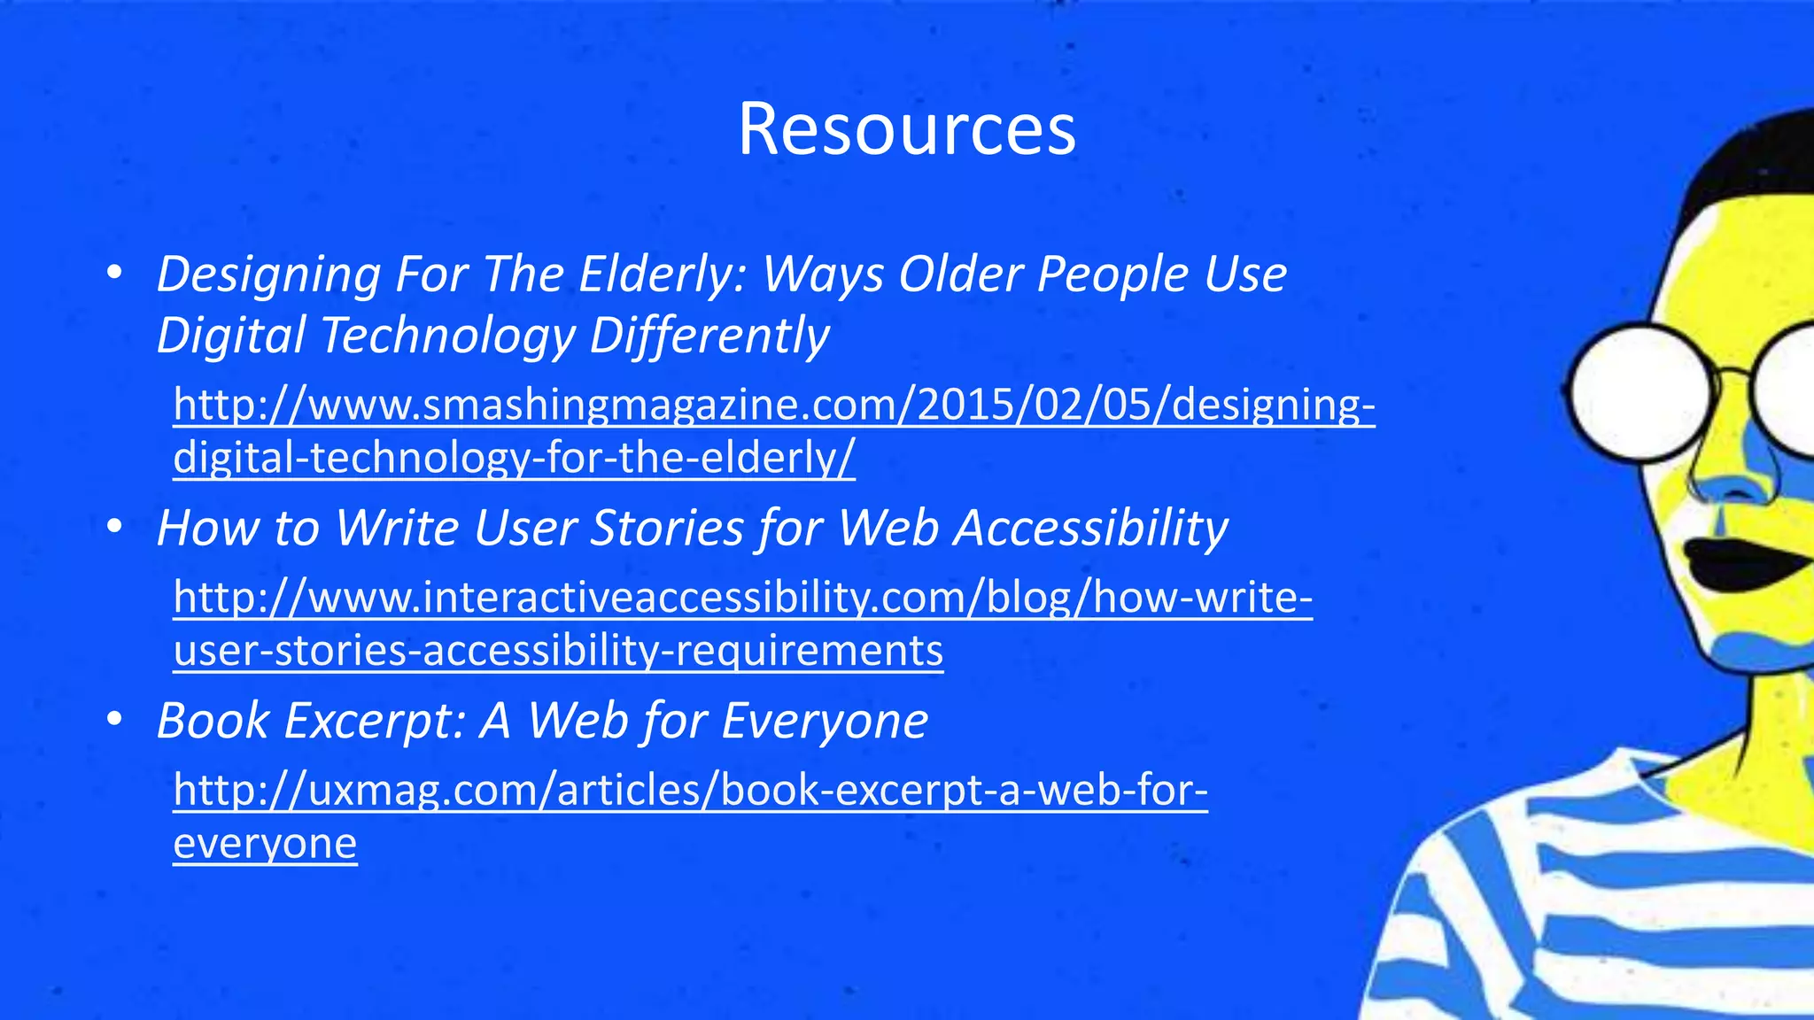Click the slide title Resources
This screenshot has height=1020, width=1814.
[x=906, y=129]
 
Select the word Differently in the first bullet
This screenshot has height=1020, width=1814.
[x=709, y=336]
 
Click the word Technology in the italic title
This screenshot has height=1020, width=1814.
[x=447, y=336]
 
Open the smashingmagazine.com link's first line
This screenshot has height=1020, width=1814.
[x=773, y=405]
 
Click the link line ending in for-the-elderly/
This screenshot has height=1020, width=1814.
[x=514, y=458]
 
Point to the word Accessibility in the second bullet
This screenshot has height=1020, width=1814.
[x=1090, y=528]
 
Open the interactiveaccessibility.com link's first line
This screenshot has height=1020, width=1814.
[x=742, y=598]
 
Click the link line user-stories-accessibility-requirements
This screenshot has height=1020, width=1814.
[x=558, y=651]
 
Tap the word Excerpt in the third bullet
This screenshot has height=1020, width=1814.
[x=373, y=720]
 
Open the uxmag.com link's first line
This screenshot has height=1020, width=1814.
[x=690, y=790]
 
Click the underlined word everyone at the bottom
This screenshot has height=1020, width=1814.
[x=265, y=843]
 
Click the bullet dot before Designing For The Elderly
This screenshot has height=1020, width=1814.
[x=113, y=274]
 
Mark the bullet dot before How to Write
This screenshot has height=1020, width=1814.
[x=113, y=529]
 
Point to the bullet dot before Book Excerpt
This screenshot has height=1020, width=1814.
[x=113, y=721]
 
